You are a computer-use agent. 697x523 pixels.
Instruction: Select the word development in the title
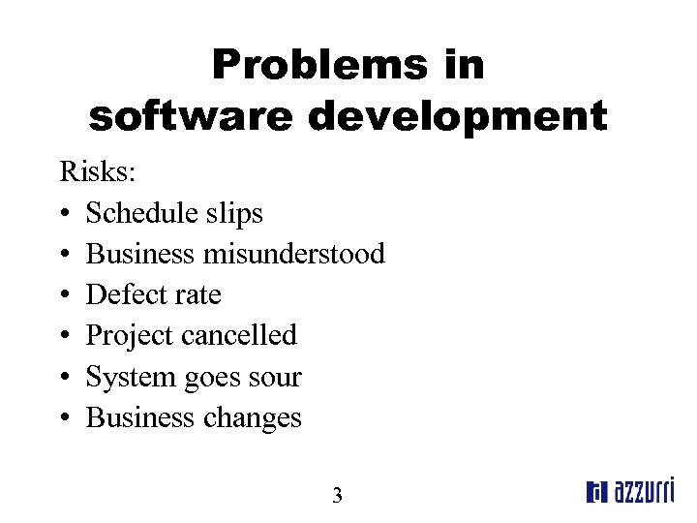457,117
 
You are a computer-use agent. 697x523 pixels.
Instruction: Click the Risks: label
99,172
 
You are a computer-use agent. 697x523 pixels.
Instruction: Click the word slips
235,213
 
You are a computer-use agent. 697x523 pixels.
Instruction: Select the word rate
197,295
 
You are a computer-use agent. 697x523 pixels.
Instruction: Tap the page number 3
337,497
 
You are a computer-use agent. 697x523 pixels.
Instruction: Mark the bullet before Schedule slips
63,214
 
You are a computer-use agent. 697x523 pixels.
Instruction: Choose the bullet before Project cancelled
63,336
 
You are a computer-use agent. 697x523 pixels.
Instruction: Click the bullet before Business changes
63,418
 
